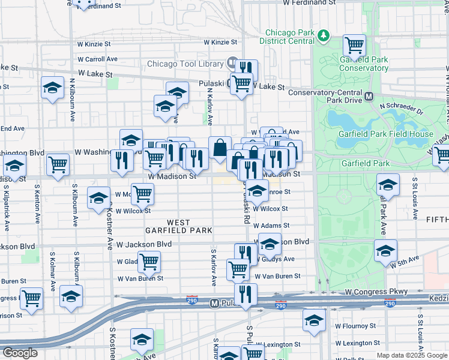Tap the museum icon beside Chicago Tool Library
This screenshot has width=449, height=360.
(x=232, y=63)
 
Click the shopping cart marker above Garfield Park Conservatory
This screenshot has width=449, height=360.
(x=354, y=44)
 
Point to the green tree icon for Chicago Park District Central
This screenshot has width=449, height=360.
(x=324, y=35)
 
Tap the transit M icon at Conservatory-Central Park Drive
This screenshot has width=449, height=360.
(x=370, y=96)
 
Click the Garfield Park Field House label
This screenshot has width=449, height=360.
(x=386, y=134)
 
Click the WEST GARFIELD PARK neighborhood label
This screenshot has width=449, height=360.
(x=178, y=226)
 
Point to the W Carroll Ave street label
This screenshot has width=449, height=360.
(x=97, y=59)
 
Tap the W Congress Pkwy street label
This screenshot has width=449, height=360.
(x=376, y=292)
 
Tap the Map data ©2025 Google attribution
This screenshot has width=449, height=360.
(x=412, y=355)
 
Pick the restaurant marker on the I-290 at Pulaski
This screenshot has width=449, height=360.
(x=246, y=293)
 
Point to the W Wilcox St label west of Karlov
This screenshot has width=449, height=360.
(x=133, y=211)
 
